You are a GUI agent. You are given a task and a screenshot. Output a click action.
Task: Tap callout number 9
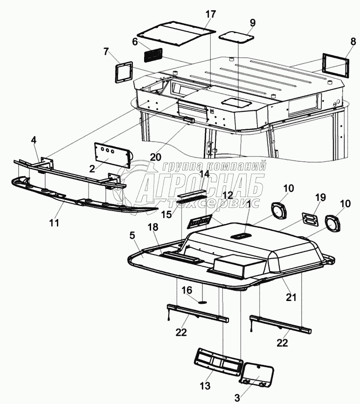coord(253,22)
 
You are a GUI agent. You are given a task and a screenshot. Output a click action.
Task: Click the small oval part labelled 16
coord(204,301)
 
